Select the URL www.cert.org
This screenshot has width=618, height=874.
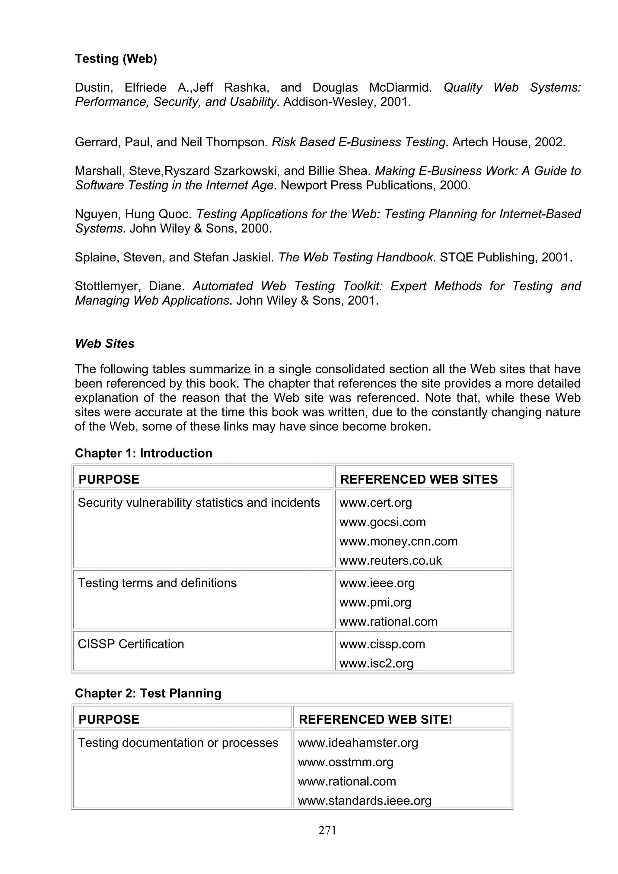(x=375, y=503)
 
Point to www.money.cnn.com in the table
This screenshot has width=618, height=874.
(x=398, y=541)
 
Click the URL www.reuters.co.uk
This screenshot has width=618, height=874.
(x=390, y=560)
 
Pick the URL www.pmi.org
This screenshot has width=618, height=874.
(x=375, y=603)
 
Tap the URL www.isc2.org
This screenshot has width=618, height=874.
(x=376, y=663)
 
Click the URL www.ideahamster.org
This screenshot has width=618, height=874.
(x=358, y=743)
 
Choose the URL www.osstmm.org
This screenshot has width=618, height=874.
(x=346, y=762)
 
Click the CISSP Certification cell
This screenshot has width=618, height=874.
(x=131, y=644)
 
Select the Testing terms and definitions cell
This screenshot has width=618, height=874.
(x=157, y=583)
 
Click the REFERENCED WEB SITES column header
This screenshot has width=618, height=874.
(x=419, y=479)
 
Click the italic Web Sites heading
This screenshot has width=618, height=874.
(x=104, y=344)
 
